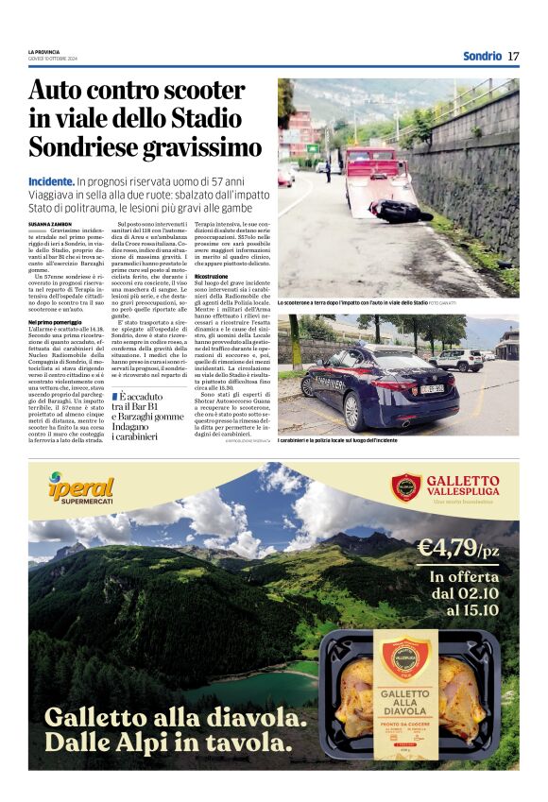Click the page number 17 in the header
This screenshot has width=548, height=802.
click(x=513, y=56)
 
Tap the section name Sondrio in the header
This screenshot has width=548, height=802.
click(x=482, y=56)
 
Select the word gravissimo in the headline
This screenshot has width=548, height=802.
click(x=204, y=148)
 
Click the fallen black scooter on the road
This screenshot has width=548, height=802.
click(x=397, y=211)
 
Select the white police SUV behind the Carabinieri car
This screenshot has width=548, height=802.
click(x=460, y=360)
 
